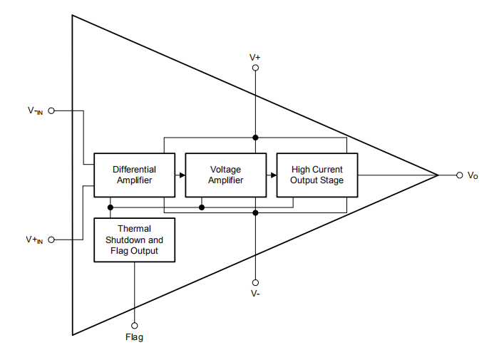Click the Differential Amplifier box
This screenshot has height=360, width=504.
coord(134,175)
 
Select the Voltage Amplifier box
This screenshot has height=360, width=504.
coord(225,175)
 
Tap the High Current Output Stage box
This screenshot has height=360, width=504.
coord(317,175)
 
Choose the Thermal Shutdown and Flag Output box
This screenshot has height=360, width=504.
coord(134,240)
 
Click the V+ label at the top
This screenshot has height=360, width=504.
coord(255,56)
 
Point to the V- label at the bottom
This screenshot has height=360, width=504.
coord(255,293)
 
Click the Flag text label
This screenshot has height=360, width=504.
coord(134,337)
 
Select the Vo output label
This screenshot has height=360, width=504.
coord(473,175)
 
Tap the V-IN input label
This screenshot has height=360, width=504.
coord(35,111)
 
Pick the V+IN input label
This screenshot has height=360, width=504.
coord(35,240)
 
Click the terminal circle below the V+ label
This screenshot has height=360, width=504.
coord(255,68)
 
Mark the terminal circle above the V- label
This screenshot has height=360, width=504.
coord(255,282)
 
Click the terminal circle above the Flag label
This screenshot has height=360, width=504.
coord(134,325)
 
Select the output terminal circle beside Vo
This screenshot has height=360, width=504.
coord(459,175)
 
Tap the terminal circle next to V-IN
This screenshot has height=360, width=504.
coord(51,111)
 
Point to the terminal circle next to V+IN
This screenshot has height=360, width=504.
coord(51,240)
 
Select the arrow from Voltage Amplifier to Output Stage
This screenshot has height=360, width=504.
coord(272,175)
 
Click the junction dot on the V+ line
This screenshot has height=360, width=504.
coord(255,137)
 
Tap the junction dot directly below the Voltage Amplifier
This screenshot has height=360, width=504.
coord(202,207)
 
